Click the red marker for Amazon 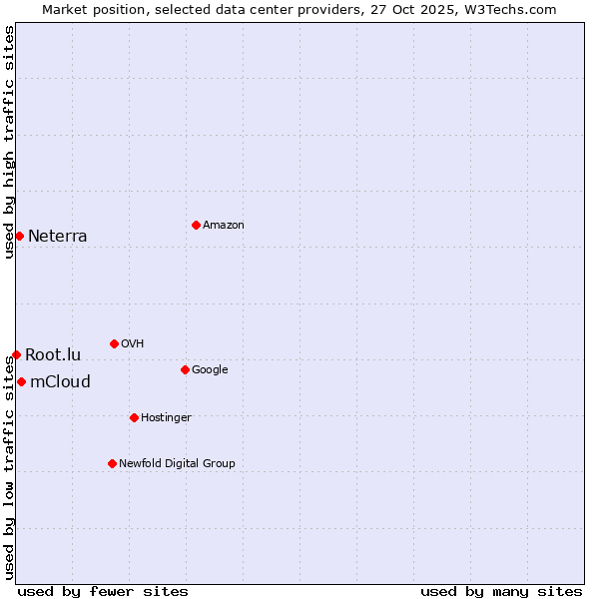(196, 225)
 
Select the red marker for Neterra (19, 236)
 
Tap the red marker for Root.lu (16, 354)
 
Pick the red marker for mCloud (21, 381)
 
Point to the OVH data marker (114, 343)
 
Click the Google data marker (185, 369)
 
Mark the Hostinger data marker (134, 417)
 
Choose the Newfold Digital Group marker (112, 463)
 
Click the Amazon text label (224, 226)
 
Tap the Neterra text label (58, 237)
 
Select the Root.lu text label (53, 355)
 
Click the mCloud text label (61, 382)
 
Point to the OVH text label (133, 344)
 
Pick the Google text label (210, 370)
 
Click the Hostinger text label (166, 418)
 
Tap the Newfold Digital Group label (177, 464)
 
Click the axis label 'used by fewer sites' (103, 591)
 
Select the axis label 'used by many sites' (501, 591)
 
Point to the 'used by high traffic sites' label (10, 142)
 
